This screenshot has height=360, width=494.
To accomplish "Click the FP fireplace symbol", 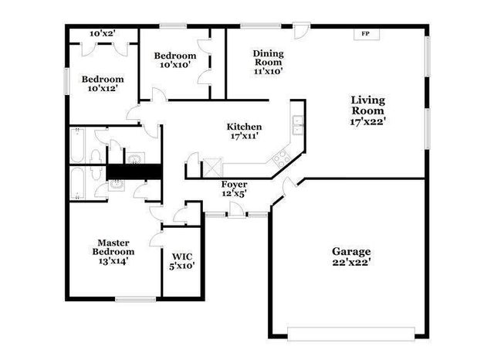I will tap(365, 34).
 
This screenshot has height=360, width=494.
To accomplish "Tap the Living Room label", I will tap(367, 105).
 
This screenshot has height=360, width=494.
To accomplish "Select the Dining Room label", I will tap(269, 58).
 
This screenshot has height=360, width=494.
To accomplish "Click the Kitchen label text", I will tap(244, 127).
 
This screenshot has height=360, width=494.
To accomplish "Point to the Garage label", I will tap(352, 252).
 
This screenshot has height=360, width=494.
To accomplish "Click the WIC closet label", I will tap(182, 256).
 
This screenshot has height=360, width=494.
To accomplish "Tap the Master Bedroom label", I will tap(113, 246).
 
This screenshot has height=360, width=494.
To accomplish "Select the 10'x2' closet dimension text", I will tap(102, 34).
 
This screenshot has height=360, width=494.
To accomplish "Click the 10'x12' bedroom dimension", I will tap(103, 89).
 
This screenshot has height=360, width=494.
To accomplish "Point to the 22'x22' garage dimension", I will tap(352, 263).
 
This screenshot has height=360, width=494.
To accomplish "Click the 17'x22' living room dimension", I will tap(367, 121).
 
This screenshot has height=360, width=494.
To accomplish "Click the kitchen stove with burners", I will tap(280, 157).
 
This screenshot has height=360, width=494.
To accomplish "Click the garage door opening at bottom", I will tap(350, 334).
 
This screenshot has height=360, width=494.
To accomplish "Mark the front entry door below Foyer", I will tap(236, 212).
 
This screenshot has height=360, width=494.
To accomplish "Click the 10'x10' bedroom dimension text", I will tap(174, 66).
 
